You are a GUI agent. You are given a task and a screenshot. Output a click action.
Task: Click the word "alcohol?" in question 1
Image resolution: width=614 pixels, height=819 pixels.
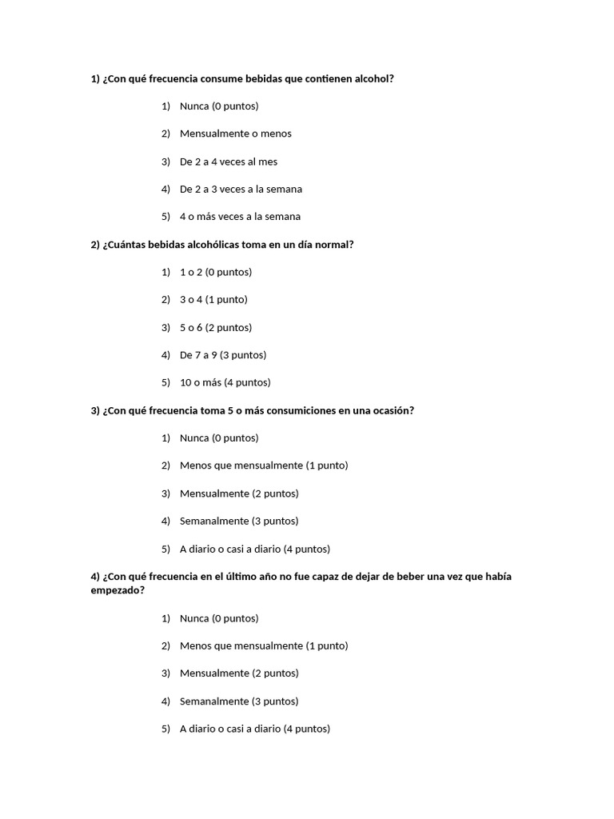[x=373, y=78]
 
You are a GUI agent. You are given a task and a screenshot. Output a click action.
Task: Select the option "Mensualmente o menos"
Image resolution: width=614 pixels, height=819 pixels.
[x=235, y=134]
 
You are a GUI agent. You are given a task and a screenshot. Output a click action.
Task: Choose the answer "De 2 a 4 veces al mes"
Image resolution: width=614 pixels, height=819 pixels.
[x=229, y=162]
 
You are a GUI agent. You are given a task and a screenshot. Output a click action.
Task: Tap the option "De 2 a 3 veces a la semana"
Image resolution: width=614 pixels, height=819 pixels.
[x=241, y=189]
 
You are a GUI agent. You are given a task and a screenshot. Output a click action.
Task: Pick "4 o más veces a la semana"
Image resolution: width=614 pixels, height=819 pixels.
[x=240, y=217]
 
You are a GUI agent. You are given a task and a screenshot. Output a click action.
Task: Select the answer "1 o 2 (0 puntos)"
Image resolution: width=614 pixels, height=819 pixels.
[x=215, y=272]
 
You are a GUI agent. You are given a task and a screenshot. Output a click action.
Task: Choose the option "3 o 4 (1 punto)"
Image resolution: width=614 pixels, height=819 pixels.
[x=213, y=300]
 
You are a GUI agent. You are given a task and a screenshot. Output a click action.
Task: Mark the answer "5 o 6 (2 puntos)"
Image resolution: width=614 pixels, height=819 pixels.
[x=215, y=327]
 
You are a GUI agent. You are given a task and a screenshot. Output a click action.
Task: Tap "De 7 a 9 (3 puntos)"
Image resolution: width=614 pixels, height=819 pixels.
[x=223, y=355]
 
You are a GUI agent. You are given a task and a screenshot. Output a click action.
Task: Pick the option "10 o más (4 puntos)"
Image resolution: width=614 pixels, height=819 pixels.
[x=225, y=382]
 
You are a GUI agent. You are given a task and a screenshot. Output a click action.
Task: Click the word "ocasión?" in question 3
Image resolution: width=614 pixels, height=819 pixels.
[x=393, y=410]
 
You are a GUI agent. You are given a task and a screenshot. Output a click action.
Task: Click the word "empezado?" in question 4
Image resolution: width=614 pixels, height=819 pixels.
[x=118, y=590]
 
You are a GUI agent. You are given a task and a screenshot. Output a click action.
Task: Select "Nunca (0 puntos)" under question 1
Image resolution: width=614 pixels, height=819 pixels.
[x=219, y=106]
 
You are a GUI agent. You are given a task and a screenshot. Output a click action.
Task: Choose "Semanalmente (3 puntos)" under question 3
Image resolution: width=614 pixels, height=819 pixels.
[x=239, y=521]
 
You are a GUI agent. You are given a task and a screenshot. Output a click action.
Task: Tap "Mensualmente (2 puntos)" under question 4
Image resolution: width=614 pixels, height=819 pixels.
[x=239, y=673]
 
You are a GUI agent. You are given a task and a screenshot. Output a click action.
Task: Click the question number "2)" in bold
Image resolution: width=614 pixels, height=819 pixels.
[x=95, y=245]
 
